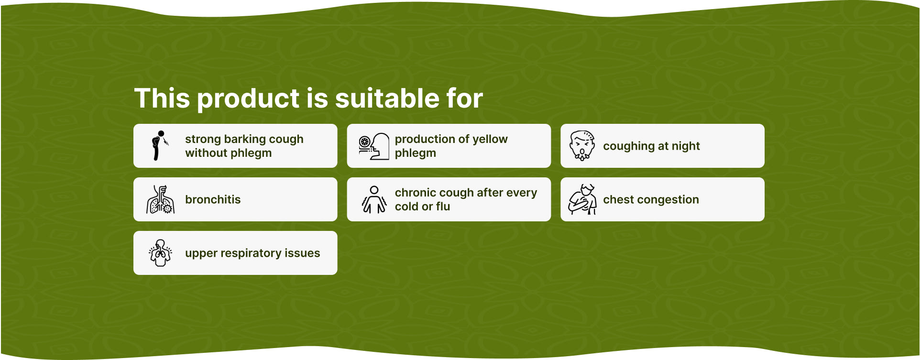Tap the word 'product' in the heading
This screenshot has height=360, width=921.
(248, 99)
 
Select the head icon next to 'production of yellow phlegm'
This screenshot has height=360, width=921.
(374, 146)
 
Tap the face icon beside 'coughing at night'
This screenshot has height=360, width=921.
(582, 146)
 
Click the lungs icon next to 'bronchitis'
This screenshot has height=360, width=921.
(160, 199)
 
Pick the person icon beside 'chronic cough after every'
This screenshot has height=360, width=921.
(374, 199)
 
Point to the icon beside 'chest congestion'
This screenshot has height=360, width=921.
(582, 199)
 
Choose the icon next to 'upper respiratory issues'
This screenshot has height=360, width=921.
(160, 253)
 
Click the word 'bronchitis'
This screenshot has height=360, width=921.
(213, 199)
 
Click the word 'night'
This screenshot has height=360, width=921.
(686, 146)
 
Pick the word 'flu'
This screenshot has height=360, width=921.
(443, 207)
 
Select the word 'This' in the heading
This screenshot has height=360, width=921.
(163, 98)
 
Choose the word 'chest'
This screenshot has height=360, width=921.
(618, 199)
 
